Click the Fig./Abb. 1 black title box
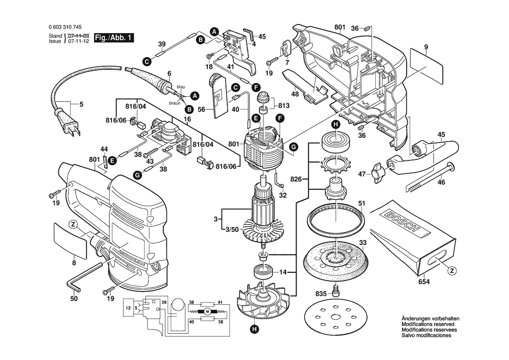tap(114, 37)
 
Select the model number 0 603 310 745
tap(65, 27)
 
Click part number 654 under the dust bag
tap(424, 282)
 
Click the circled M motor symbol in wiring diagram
tap(208, 312)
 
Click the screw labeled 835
tap(336, 291)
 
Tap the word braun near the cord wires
tap(175, 103)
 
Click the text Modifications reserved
tap(428, 324)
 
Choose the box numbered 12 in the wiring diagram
tap(128, 307)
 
